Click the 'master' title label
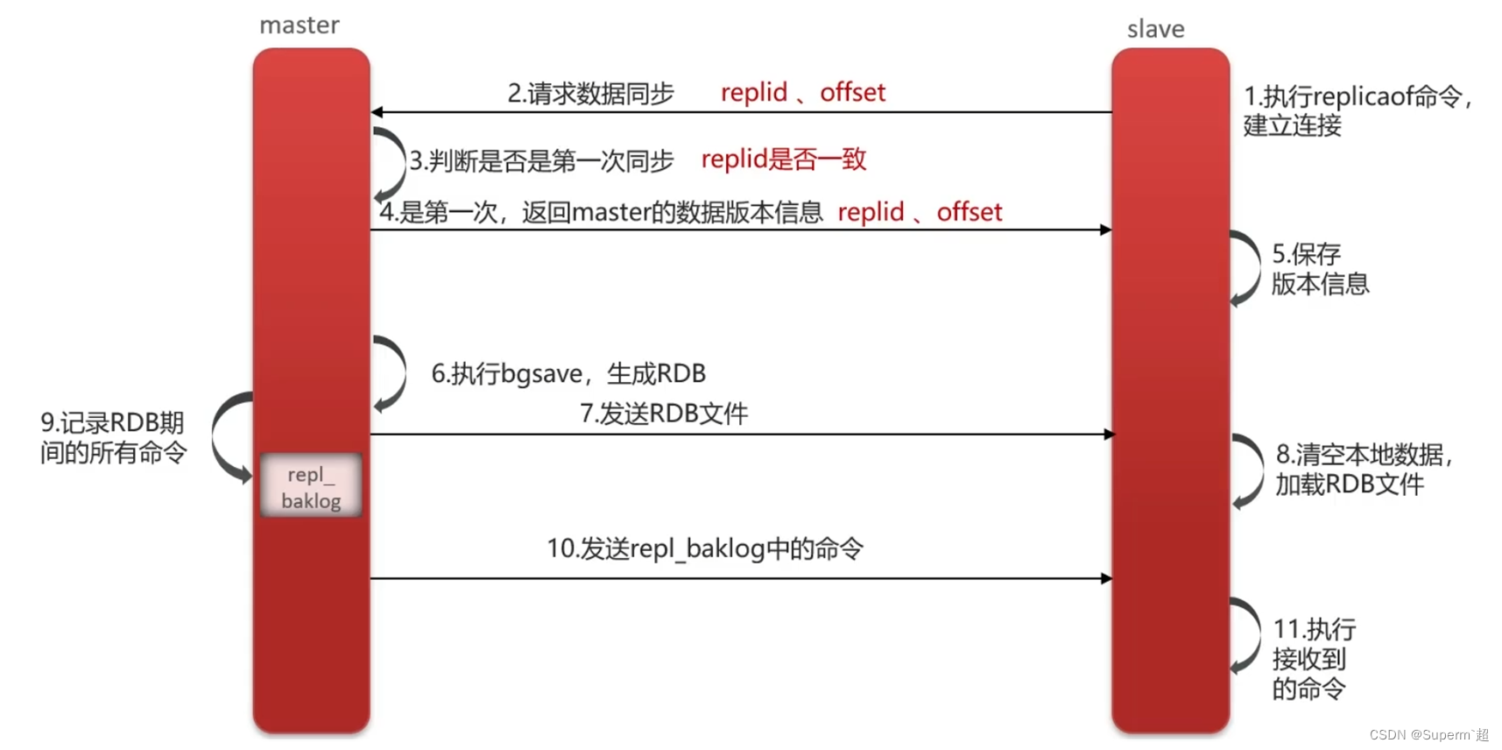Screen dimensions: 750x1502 click(299, 25)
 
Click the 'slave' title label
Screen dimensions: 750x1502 click(1155, 30)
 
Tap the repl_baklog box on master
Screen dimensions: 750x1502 click(311, 486)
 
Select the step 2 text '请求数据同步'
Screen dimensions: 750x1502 click(591, 93)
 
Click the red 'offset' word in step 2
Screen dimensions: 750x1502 click(852, 92)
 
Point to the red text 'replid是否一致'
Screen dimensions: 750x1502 click(784, 159)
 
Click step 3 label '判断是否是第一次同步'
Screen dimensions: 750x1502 click(542, 161)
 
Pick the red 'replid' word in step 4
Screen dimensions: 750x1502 click(871, 212)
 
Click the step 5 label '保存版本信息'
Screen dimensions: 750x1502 click(1320, 269)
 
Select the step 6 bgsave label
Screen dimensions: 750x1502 click(568, 374)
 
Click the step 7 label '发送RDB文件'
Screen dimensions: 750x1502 click(664, 414)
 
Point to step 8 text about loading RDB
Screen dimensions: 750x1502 click(1362, 469)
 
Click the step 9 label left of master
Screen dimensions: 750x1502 click(113, 437)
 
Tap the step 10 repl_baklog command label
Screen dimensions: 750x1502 click(705, 549)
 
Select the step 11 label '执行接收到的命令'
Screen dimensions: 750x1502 click(1313, 659)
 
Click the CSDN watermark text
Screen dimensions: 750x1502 click(1428, 735)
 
